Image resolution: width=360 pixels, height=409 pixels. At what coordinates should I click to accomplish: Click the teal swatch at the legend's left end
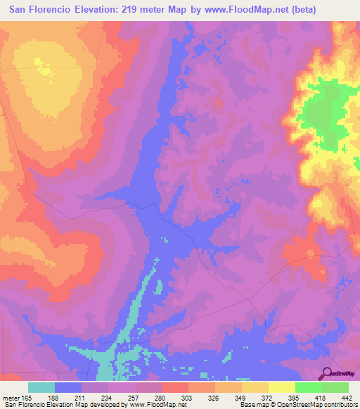coord(41,387)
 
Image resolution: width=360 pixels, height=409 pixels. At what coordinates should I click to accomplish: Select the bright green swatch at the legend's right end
coord(335,387)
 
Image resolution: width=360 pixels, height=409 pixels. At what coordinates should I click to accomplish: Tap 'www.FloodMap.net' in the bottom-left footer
coord(153,405)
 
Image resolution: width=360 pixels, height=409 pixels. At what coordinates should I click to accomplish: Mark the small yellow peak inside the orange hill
coord(45,70)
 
